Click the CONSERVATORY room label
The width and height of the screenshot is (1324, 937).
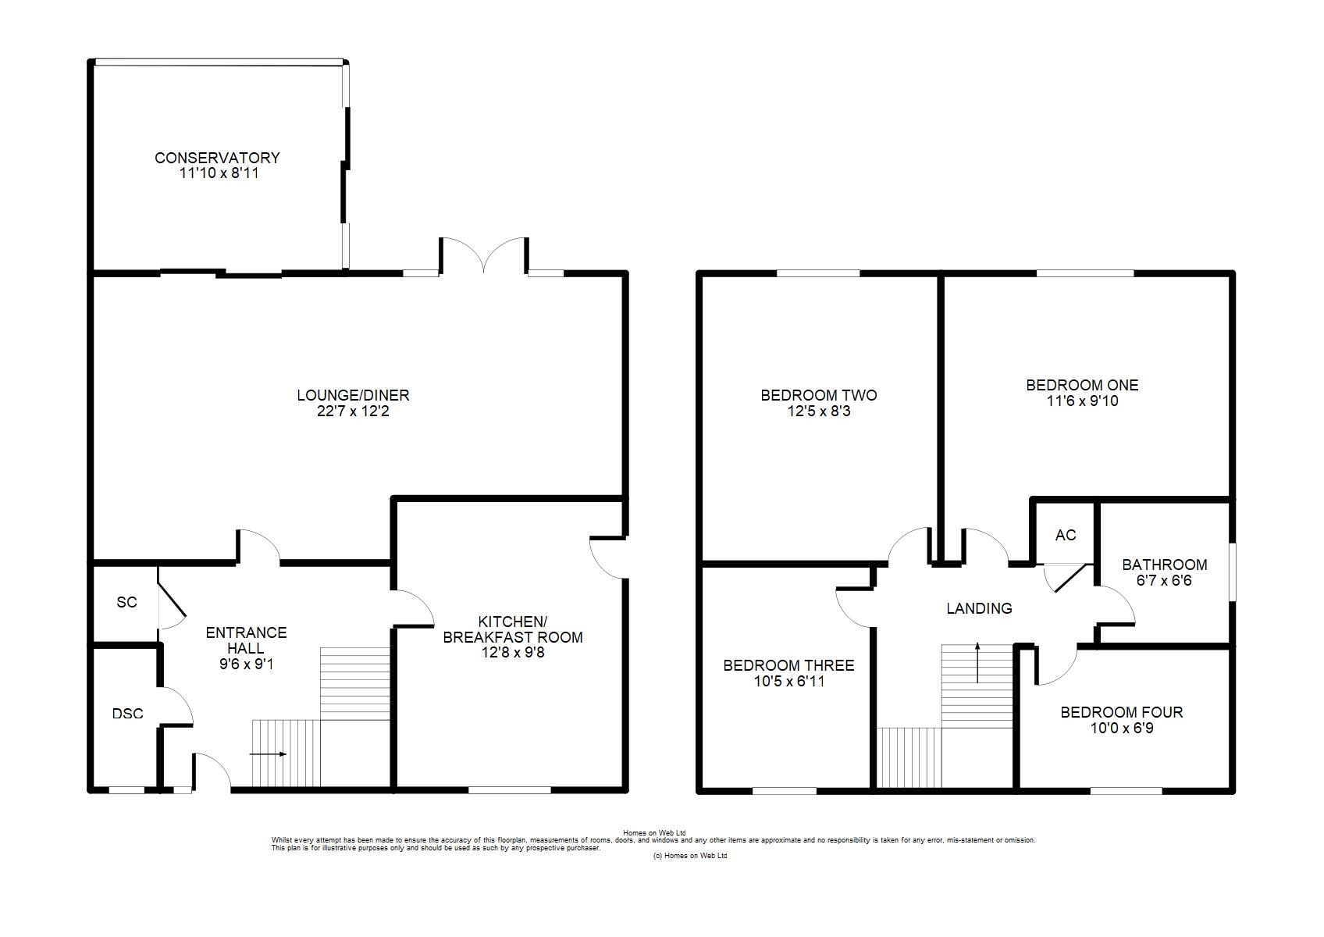pyautogui.click(x=217, y=158)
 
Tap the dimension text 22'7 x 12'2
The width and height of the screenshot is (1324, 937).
pyautogui.click(x=353, y=411)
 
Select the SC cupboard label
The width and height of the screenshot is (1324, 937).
pyautogui.click(x=126, y=602)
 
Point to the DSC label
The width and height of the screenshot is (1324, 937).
pyautogui.click(x=128, y=714)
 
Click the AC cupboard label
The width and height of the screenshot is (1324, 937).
pyautogui.click(x=1066, y=535)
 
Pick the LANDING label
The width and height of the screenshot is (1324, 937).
pyautogui.click(x=979, y=608)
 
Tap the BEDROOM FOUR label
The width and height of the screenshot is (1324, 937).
pyautogui.click(x=1121, y=712)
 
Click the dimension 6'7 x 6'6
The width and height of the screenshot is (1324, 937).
pyautogui.click(x=1165, y=580)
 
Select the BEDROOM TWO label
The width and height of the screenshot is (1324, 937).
pyautogui.click(x=819, y=395)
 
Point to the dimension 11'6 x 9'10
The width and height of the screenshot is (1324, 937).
pyautogui.click(x=1082, y=401)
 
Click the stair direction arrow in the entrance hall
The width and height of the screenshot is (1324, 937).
pyautogui.click(x=268, y=754)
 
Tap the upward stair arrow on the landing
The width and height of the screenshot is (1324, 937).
pyautogui.click(x=977, y=663)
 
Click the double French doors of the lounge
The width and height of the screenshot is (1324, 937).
pyautogui.click(x=484, y=255)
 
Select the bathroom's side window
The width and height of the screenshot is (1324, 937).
pyautogui.click(x=1233, y=572)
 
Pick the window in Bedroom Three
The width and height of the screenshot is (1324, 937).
pyautogui.click(x=785, y=790)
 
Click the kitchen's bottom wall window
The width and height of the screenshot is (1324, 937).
pyautogui.click(x=510, y=789)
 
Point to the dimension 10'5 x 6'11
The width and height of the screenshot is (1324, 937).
pyautogui.click(x=788, y=681)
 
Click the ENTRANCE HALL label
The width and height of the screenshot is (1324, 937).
pyautogui.click(x=246, y=640)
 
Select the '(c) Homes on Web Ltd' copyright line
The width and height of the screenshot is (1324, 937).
pyautogui.click(x=690, y=856)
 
